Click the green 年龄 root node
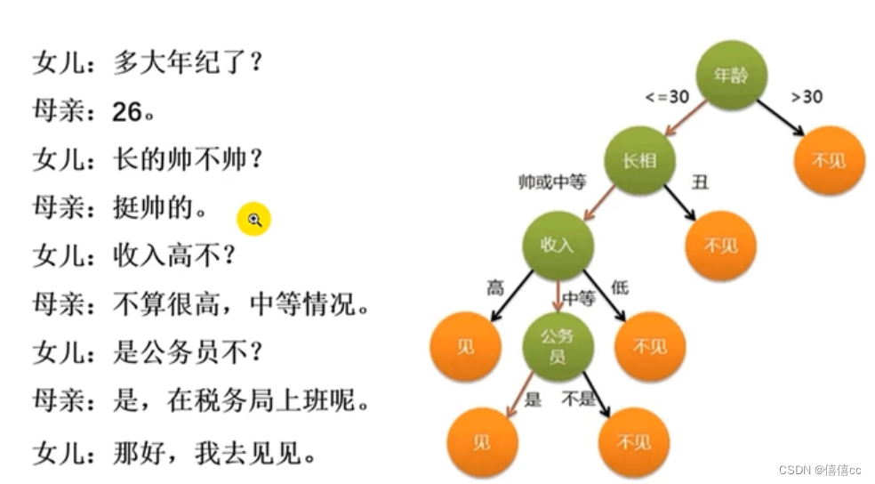point(731,75)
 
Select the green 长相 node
point(638,161)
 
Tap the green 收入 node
point(558,246)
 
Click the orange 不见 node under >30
point(830,161)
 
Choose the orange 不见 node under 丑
point(719,246)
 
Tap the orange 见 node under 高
point(465,346)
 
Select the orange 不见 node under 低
point(649,346)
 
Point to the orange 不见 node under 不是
point(633,442)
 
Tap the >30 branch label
point(807,96)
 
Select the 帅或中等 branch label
point(552,182)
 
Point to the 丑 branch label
point(700,182)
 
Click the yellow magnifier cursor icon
point(253,219)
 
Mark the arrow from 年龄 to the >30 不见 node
point(783,116)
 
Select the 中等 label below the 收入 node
point(578,300)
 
